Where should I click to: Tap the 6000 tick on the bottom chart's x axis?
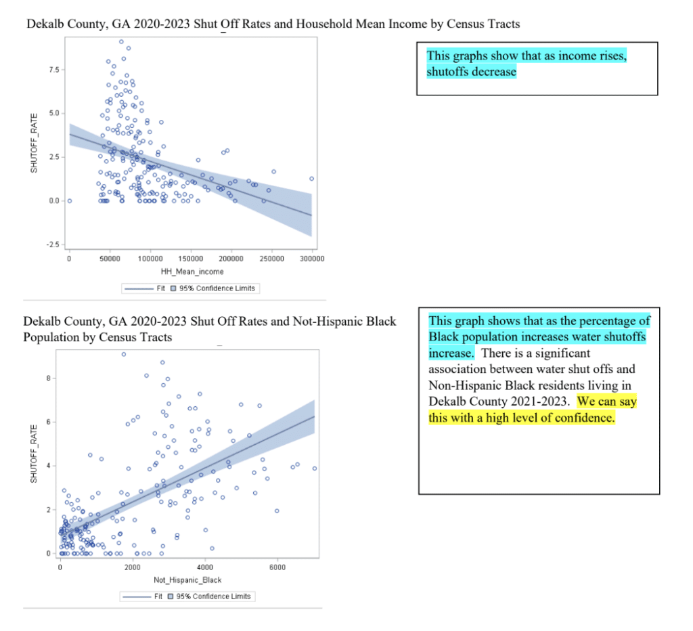pyautogui.click(x=277, y=566)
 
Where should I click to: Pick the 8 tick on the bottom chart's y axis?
pyautogui.click(x=49, y=378)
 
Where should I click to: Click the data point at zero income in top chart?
pyautogui.click(x=69, y=200)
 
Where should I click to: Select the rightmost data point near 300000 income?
pyautogui.click(x=311, y=179)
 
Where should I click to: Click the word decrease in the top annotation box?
pyautogui.click(x=493, y=72)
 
